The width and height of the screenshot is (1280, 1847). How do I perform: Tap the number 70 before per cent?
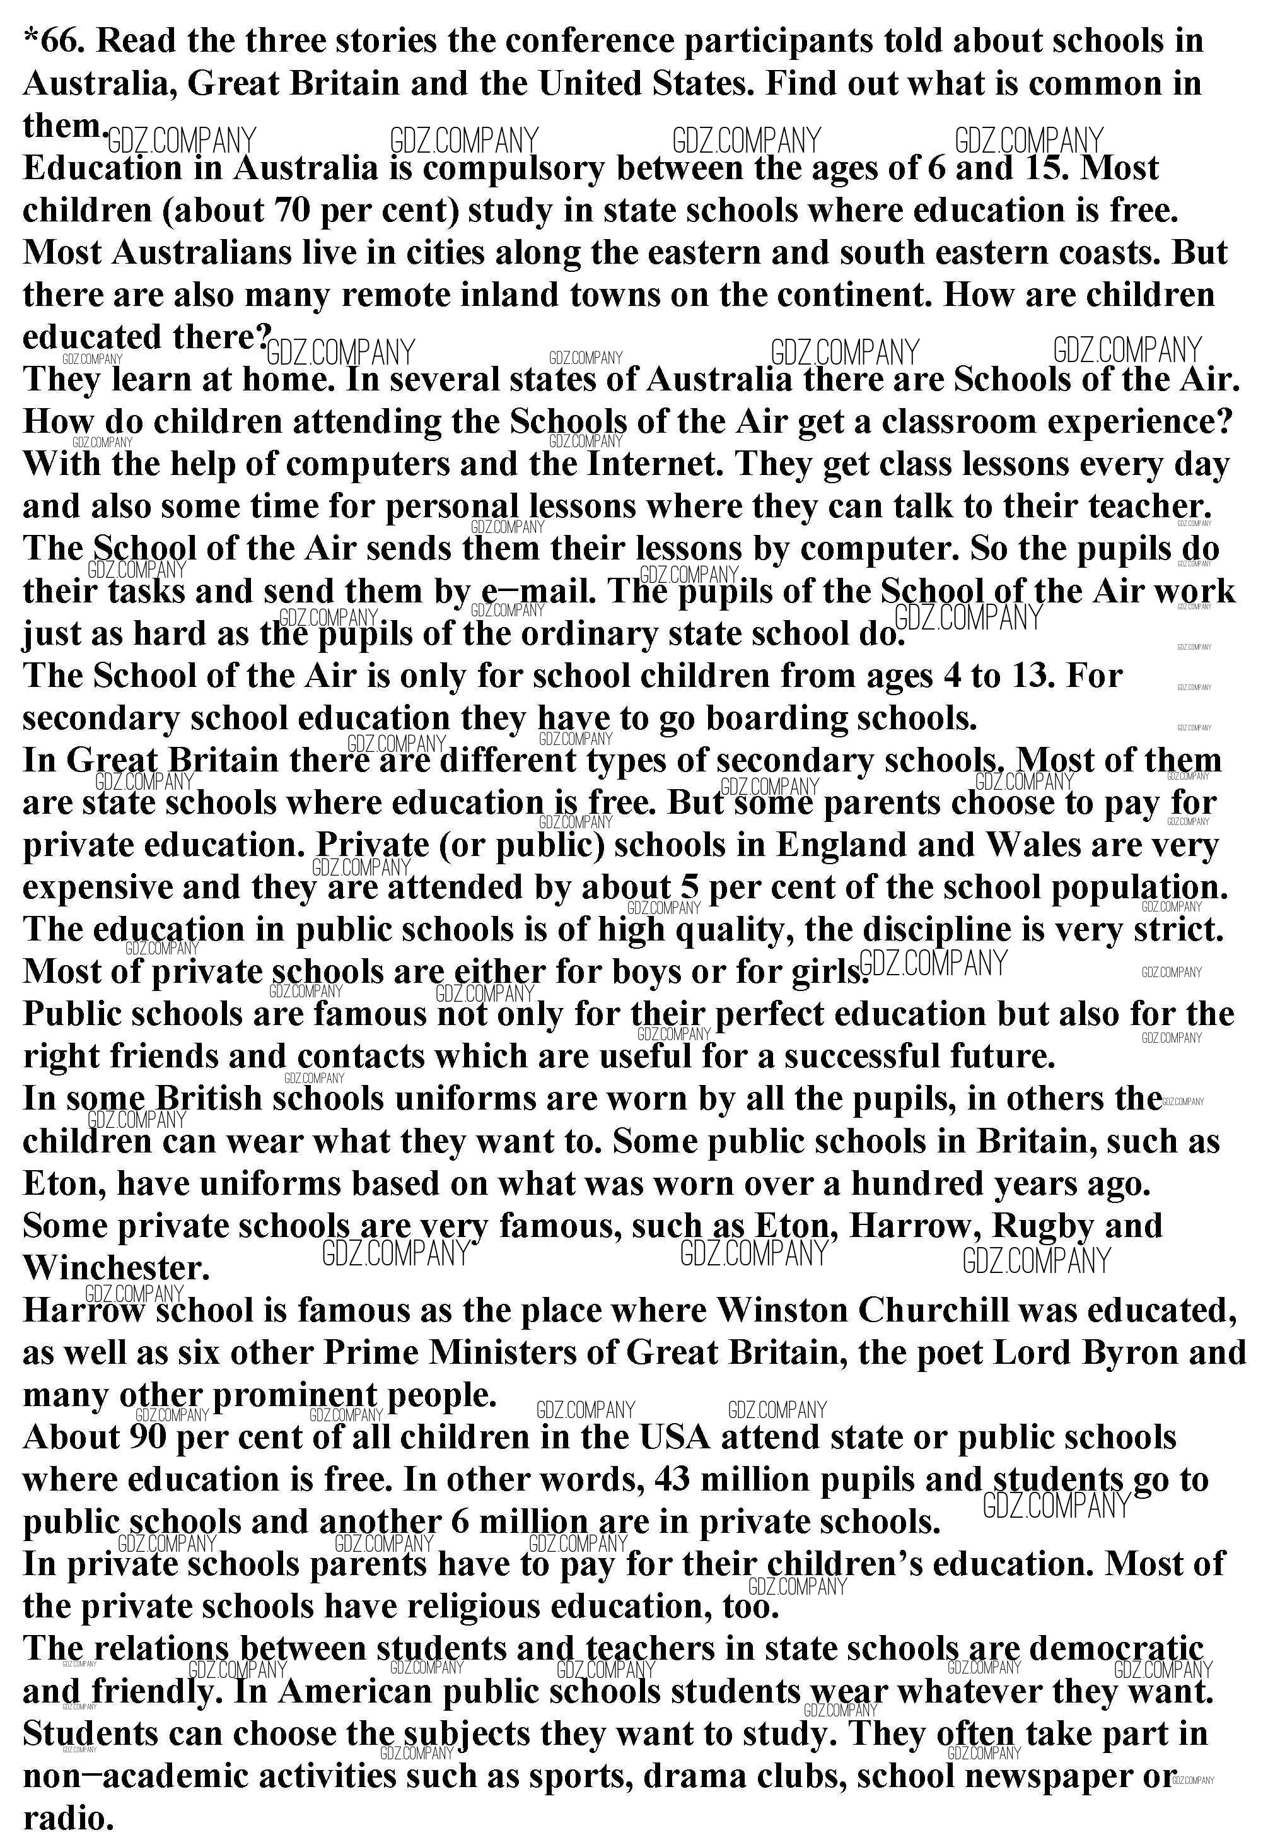pos(292,211)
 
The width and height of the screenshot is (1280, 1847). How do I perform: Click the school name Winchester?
pos(115,1269)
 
